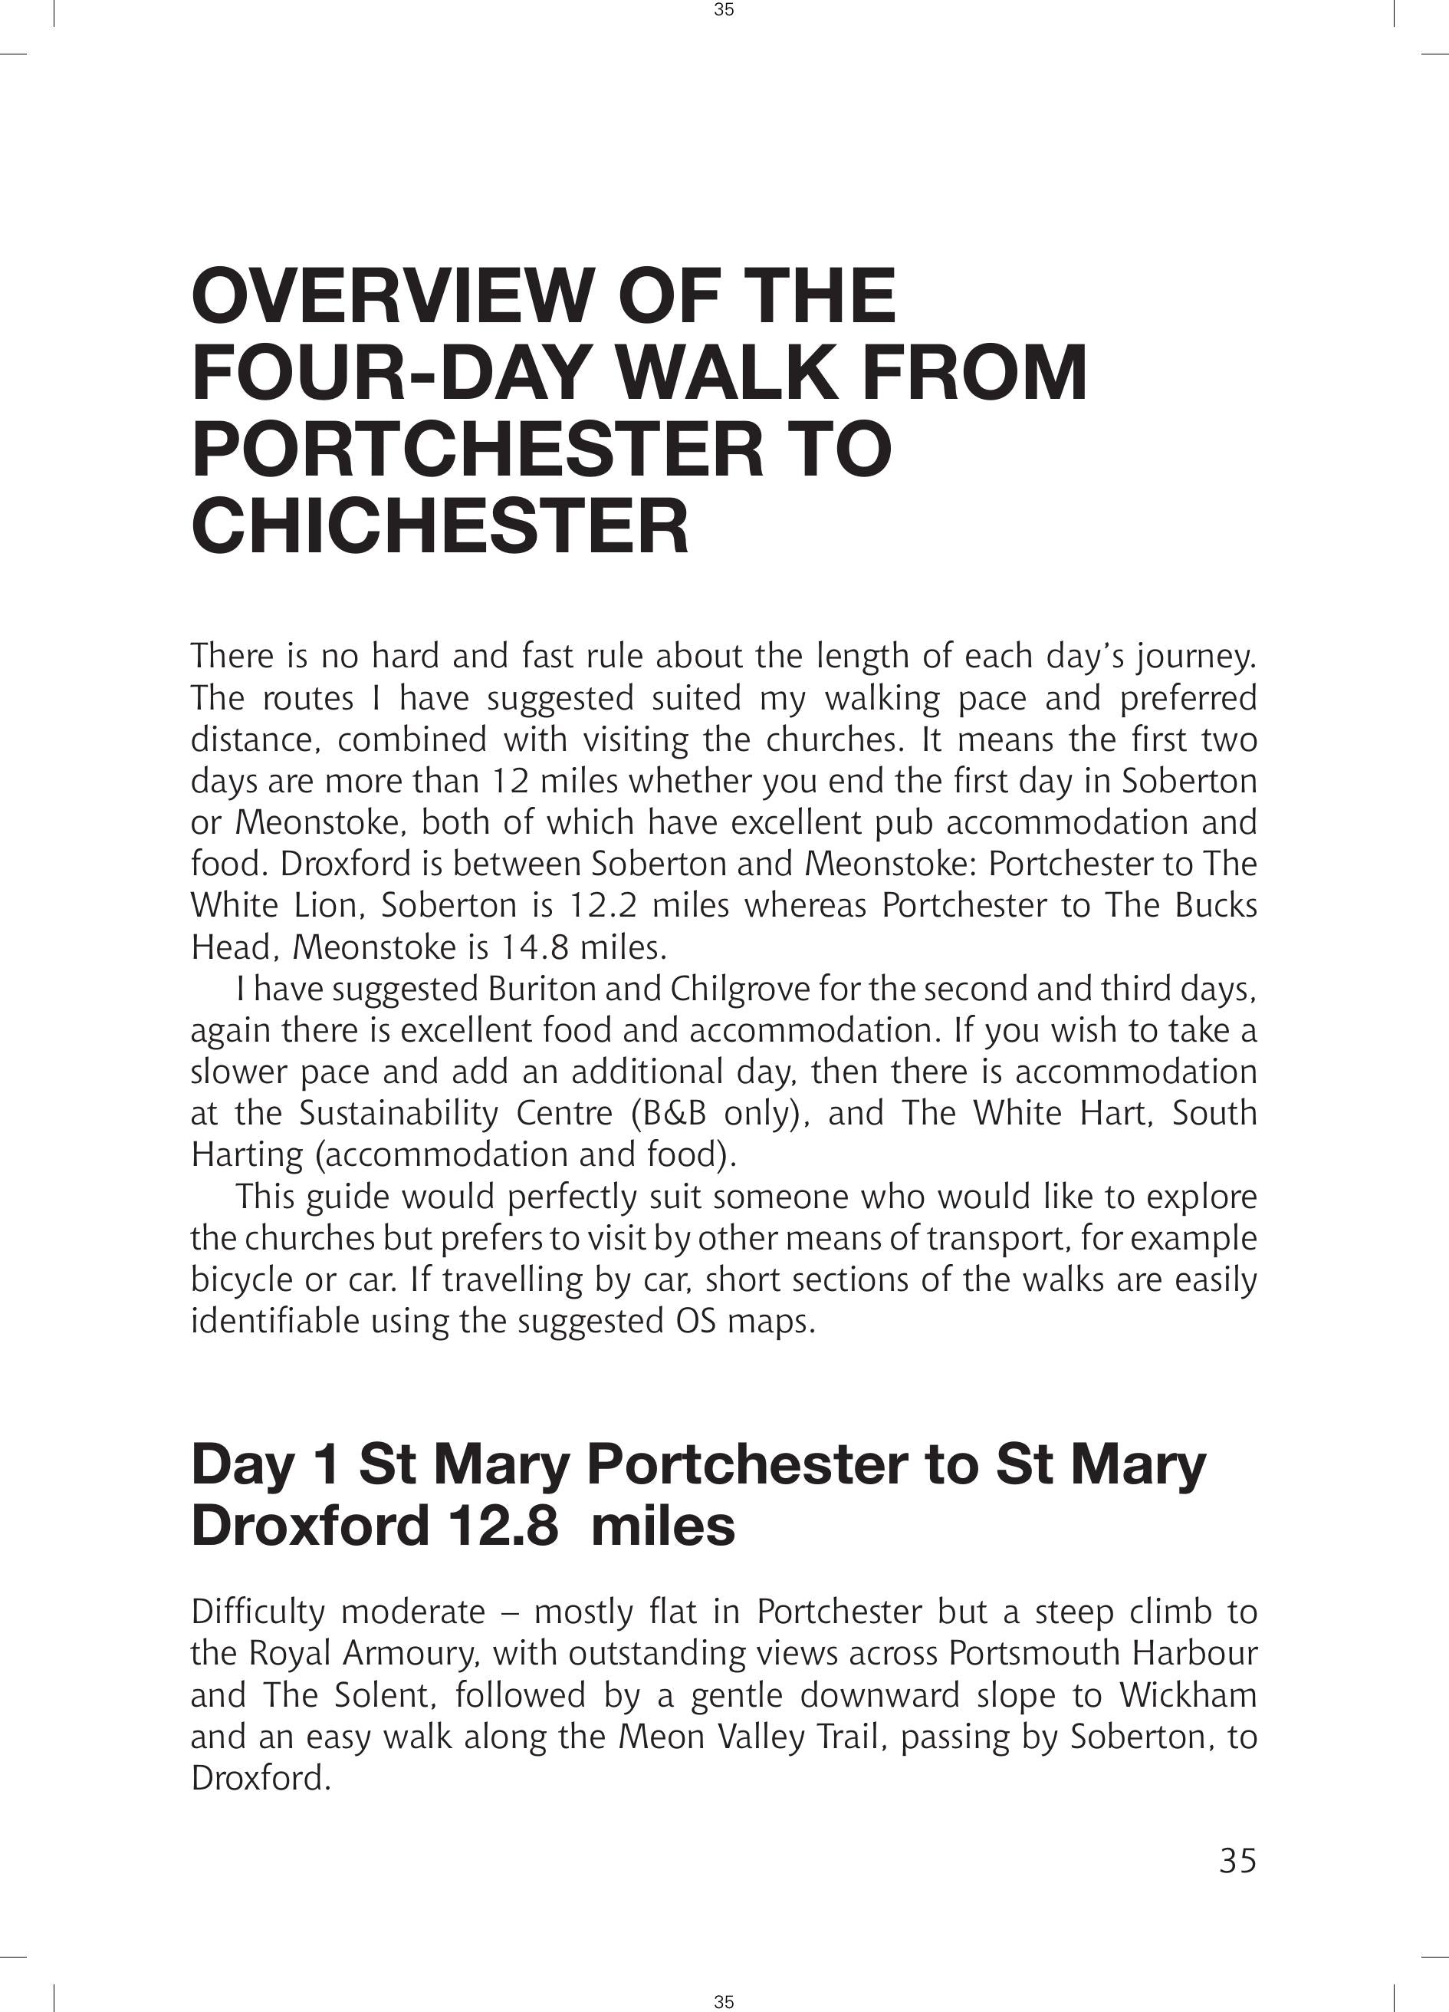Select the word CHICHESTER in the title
[x=440, y=526]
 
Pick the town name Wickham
[x=1188, y=1695]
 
